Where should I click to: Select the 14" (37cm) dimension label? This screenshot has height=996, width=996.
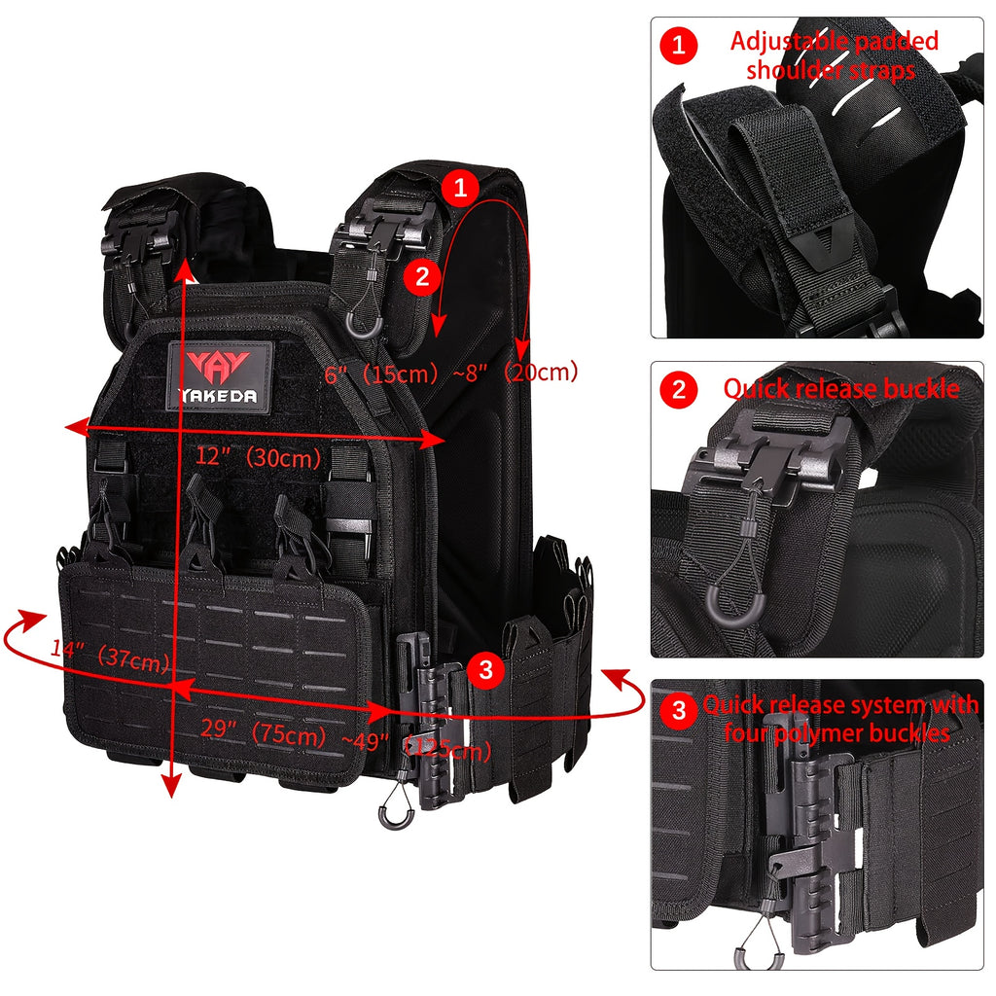[111, 658]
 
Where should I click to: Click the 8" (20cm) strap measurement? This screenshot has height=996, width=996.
[526, 372]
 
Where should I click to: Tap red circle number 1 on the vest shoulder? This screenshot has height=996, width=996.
[460, 188]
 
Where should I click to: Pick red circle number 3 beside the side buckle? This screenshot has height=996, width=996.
[485, 669]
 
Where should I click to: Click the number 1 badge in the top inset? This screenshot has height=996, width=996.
[679, 45]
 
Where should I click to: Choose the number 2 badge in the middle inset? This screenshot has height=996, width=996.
[679, 391]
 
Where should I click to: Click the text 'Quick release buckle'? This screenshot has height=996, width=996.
[840, 390]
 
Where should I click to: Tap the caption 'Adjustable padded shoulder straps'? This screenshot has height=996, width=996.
[834, 56]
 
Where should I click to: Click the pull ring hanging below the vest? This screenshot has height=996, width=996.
[393, 810]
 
